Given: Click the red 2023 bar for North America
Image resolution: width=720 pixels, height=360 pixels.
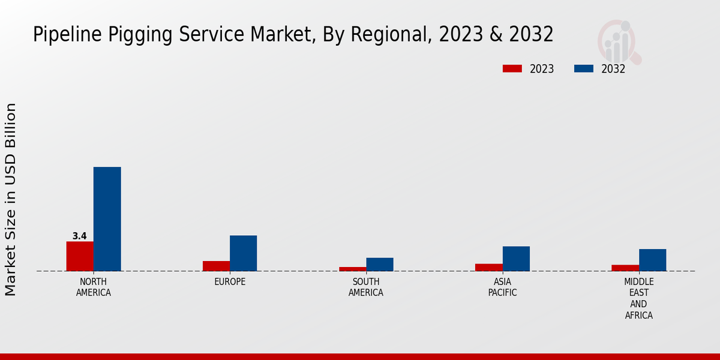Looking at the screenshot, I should pos(80,256).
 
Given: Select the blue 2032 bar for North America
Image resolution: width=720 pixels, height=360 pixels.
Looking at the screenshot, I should pos(107,219).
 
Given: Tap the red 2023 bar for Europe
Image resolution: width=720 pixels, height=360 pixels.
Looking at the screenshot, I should pos(216,266).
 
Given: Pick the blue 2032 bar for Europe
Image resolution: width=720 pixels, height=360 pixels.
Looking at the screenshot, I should pos(243,253).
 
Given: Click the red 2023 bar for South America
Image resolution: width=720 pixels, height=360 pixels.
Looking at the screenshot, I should pos(352,269).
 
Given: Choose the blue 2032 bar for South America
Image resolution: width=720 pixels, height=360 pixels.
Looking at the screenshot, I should pos(380,265).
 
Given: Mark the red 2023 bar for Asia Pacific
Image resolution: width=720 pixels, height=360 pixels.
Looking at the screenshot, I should pos(488,268).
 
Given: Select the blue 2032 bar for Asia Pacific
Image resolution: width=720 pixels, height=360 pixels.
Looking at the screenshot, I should pos(516,259).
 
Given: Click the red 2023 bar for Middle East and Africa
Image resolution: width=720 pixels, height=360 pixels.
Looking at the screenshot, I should pos(625,268).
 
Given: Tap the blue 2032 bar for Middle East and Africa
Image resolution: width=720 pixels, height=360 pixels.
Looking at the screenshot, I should pos(652,260).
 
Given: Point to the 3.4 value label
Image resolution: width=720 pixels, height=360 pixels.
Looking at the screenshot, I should pos(80,236).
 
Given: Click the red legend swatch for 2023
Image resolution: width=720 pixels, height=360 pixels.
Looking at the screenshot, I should pos(512,69).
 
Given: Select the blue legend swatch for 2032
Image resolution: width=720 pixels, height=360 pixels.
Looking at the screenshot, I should pos(584,69).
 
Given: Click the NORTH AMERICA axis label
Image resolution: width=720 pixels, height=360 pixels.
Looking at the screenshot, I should pos(94,287).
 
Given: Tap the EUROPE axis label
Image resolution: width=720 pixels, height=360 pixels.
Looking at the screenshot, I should pos(230,282).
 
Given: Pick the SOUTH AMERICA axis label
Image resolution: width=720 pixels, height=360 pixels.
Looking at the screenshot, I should pos(366,287).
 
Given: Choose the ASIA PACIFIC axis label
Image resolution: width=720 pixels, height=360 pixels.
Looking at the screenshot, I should pos(502,287).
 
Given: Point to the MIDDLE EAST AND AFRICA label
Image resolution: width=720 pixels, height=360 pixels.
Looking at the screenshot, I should pos(639,298).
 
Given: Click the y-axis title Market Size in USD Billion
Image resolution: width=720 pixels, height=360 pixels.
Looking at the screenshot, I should pos(11,199).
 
